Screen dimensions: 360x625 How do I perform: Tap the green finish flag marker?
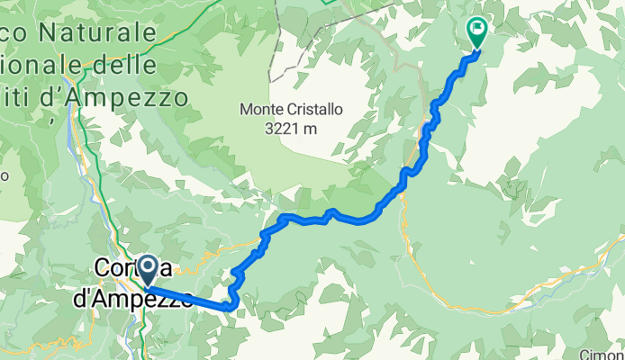tap(476, 33)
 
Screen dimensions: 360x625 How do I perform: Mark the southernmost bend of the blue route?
tap(228, 308)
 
